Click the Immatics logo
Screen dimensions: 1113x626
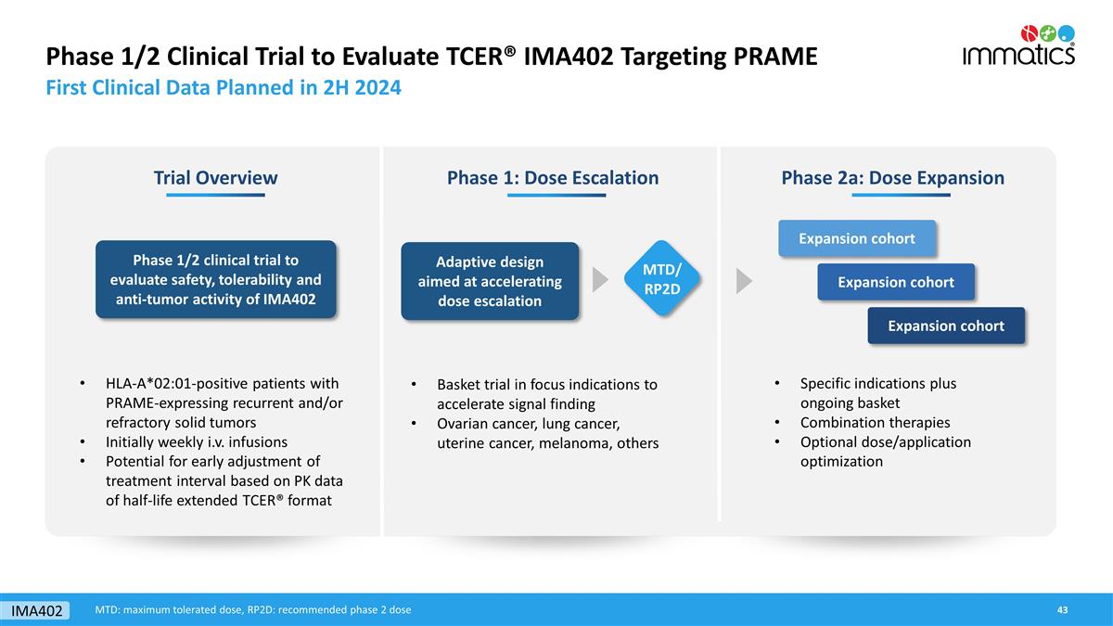[1018, 45]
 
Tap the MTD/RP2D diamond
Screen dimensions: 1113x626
[662, 279]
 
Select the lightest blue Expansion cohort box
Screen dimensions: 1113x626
[857, 238]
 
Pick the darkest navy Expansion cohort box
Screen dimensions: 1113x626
[946, 326]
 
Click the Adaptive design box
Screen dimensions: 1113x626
[490, 281]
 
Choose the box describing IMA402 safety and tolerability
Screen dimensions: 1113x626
[215, 280]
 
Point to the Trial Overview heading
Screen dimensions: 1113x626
[215, 177]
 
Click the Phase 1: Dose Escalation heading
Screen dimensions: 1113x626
[553, 177]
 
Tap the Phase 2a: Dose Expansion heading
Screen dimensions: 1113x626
[893, 177]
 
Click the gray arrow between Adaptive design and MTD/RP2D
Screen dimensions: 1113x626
[600, 280]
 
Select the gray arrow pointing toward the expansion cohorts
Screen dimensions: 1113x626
[744, 281]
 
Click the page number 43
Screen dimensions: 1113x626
[1062, 609]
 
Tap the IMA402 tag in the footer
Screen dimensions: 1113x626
[36, 610]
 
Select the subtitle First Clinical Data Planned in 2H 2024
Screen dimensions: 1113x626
[224, 87]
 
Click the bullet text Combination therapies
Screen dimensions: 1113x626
[875, 422]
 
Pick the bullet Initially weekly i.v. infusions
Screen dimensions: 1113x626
[197, 441]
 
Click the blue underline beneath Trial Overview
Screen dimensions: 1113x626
[215, 196]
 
